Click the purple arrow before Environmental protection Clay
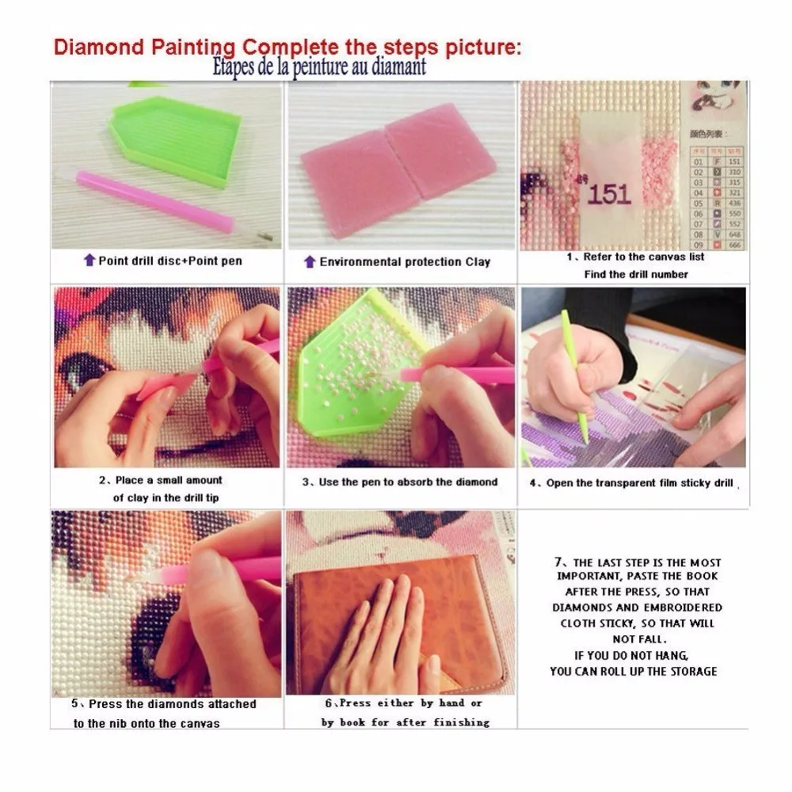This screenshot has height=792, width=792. [310, 261]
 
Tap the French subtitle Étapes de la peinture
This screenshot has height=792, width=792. [319, 67]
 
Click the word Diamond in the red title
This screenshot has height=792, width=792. [94, 46]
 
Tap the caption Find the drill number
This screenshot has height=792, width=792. [636, 274]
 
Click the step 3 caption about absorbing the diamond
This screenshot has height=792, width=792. [400, 482]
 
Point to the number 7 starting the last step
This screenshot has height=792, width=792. [557, 562]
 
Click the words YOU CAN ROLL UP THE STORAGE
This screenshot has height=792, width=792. [634, 672]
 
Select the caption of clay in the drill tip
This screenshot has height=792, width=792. [166, 497]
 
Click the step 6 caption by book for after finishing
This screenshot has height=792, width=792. [405, 722]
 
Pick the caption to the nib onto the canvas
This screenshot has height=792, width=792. [147, 723]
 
